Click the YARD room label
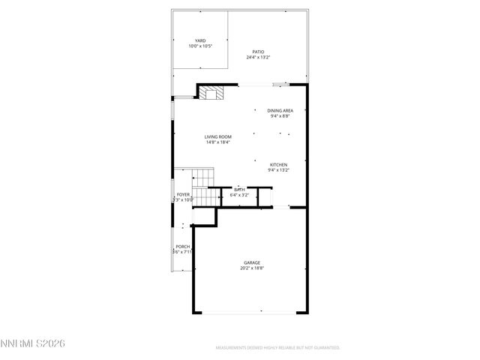[200, 40]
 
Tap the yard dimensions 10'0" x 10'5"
[200, 46]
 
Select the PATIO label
[258, 52]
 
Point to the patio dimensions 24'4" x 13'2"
[258, 58]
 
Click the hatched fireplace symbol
[211, 93]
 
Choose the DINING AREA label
[280, 110]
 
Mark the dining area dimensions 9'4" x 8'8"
[280, 116]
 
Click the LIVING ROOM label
[217, 136]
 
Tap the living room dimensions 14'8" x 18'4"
[217, 142]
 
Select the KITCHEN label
[278, 164]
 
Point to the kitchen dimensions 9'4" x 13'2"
[278, 170]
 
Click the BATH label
[239, 190]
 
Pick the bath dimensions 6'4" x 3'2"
[239, 195]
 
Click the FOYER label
[183, 194]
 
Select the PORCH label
[182, 247]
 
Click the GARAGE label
[251, 262]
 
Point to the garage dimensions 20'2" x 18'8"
[251, 268]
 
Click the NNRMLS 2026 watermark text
[33, 343]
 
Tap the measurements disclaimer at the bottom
[277, 348]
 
